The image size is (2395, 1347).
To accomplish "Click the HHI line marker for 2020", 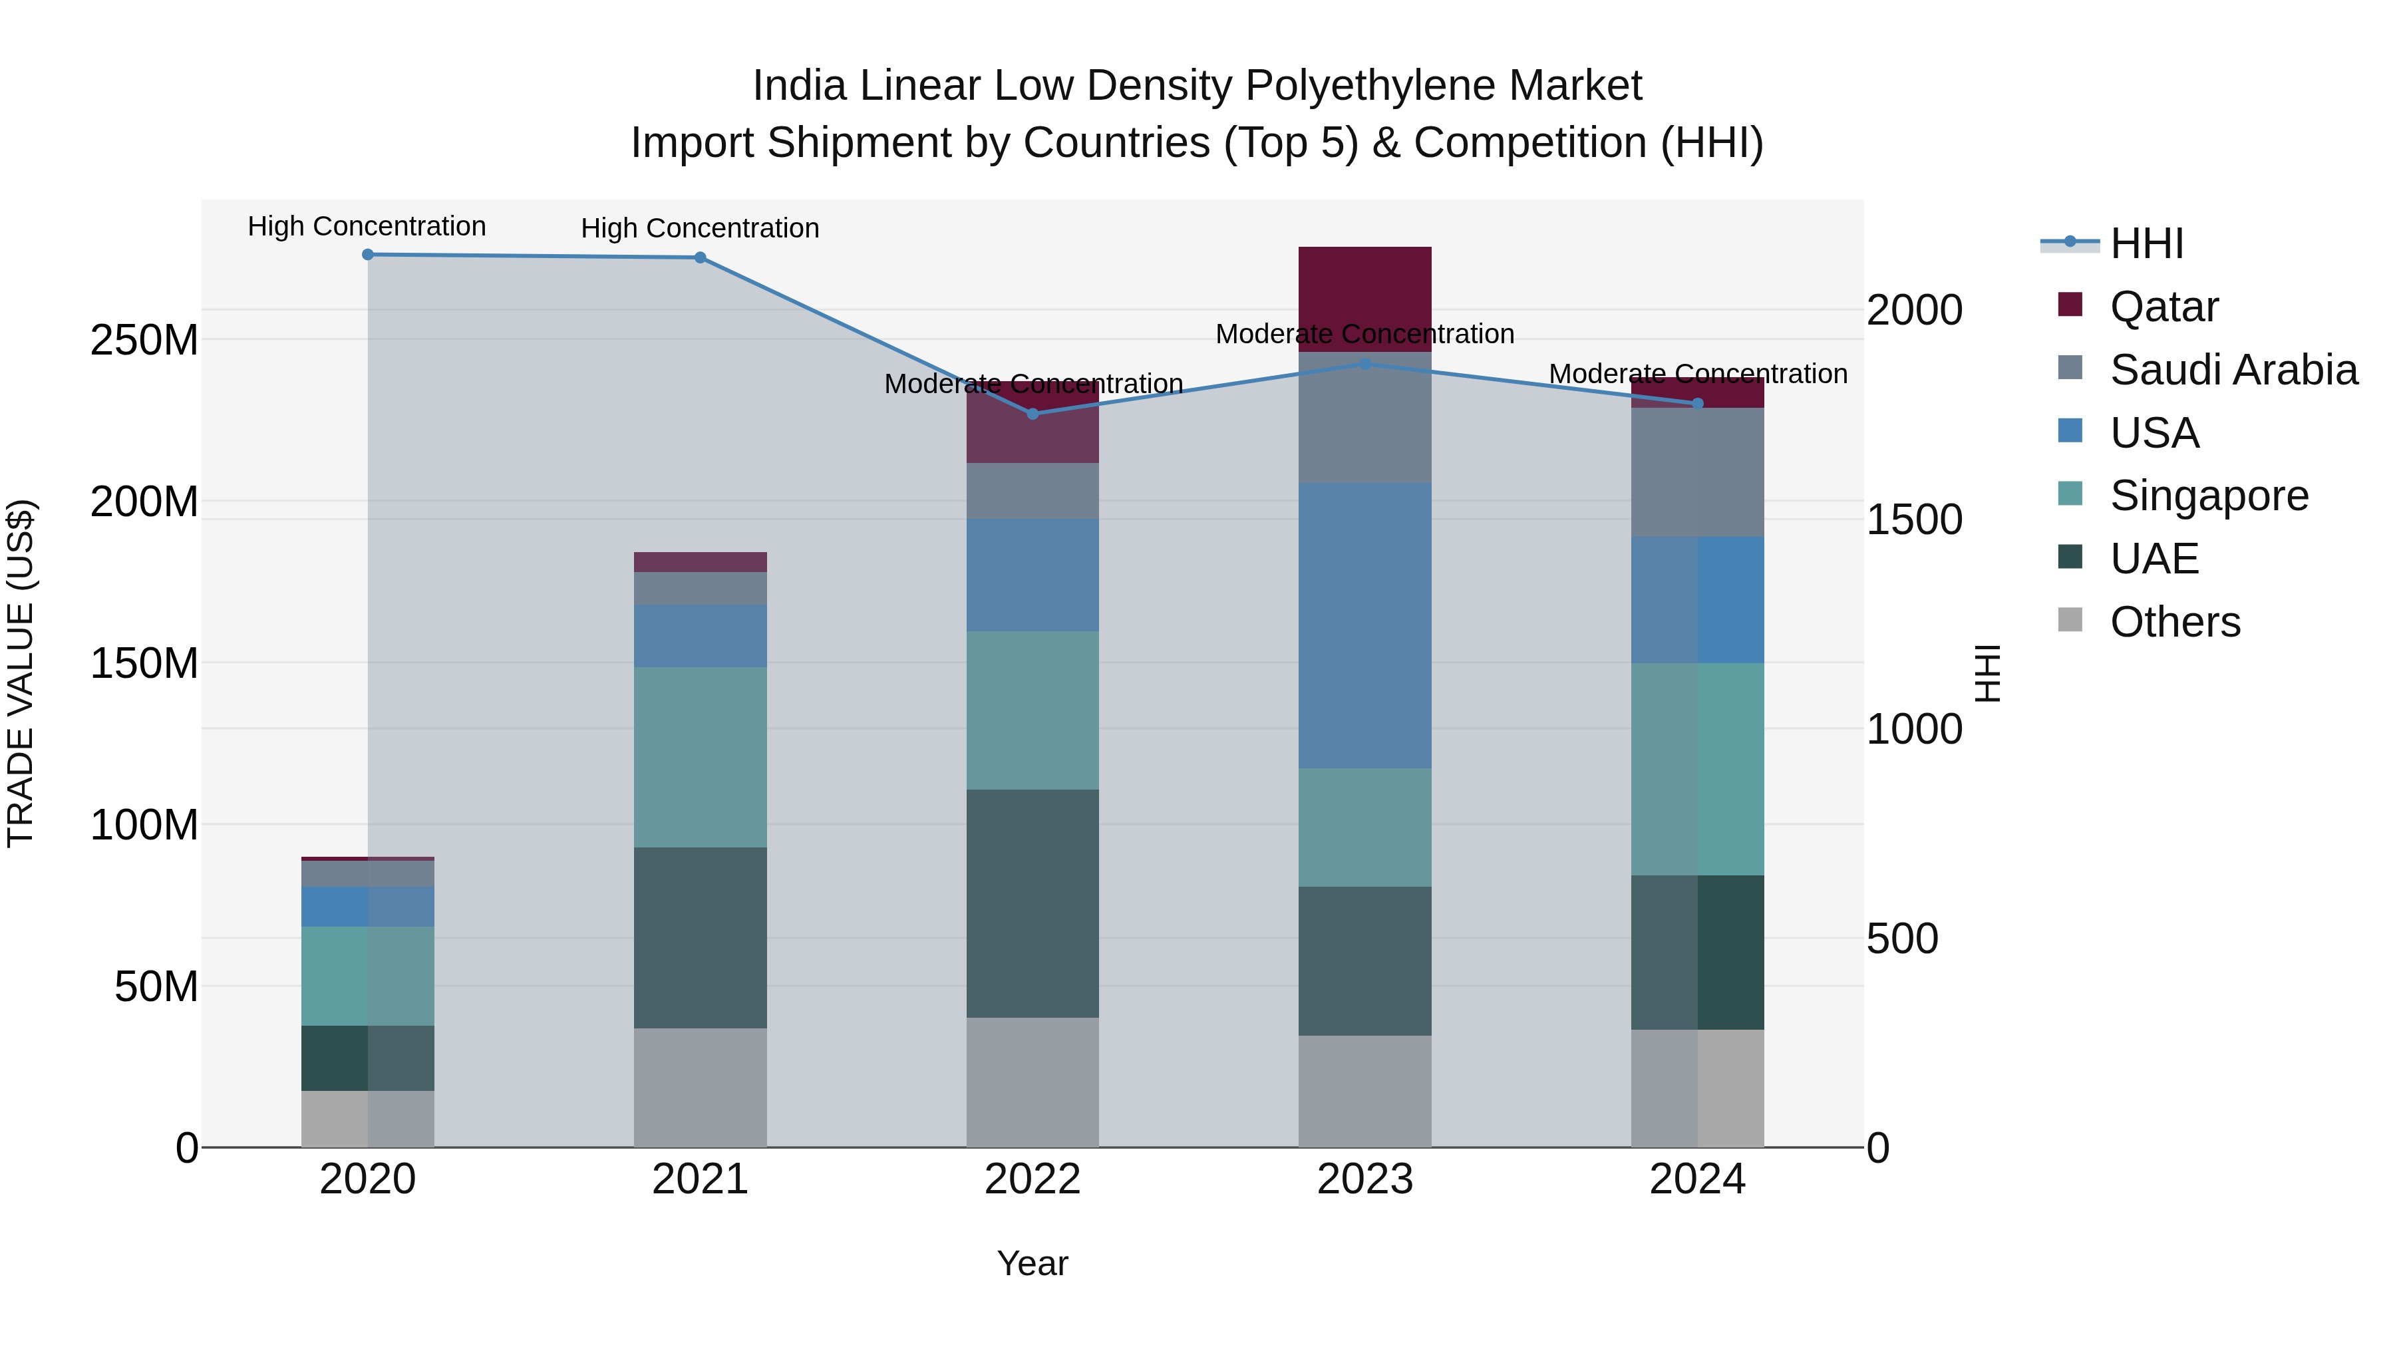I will (367, 254).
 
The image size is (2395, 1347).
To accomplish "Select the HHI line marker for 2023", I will (1365, 365).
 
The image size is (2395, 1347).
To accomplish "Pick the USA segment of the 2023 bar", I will (1365, 625).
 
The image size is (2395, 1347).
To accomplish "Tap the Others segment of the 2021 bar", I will (700, 1087).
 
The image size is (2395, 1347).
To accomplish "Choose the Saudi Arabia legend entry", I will (2233, 370).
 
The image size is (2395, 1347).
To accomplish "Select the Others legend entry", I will (2175, 622).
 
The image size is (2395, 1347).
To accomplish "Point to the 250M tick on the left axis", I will (144, 340).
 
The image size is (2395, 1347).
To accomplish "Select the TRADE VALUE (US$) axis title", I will (21, 673).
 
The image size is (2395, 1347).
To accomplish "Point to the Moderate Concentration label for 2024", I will (1698, 374).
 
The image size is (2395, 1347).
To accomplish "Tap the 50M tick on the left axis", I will (156, 986).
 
